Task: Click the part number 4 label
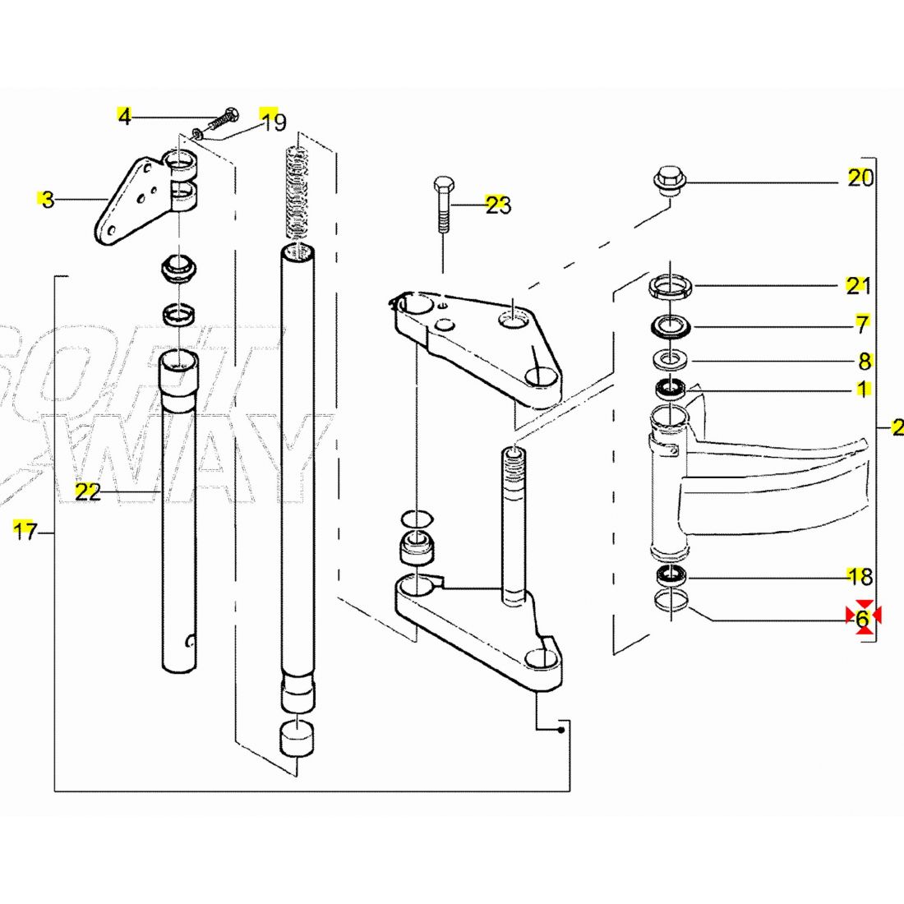(124, 117)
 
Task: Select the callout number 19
(274, 122)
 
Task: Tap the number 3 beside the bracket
(48, 199)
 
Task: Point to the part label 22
(87, 491)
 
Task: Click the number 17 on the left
(25, 531)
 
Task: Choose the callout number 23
(498, 205)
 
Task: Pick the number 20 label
(860, 178)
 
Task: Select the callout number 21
(859, 285)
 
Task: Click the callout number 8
(864, 361)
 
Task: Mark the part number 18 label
(860, 576)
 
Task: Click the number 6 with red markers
(862, 619)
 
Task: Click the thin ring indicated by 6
(671, 602)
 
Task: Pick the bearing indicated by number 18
(671, 574)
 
